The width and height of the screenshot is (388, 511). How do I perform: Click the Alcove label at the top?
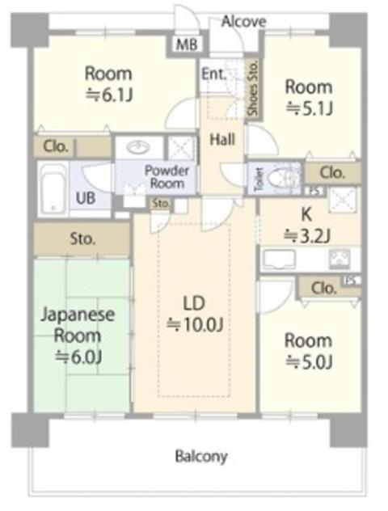tap(243, 22)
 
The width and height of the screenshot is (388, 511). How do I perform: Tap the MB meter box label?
tap(187, 44)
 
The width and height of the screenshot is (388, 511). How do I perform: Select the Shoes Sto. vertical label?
tap(253, 88)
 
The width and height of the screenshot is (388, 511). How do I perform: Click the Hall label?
tap(222, 140)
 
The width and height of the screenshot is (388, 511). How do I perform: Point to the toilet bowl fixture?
tap(281, 178)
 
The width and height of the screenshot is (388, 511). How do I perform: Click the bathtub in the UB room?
tap(52, 190)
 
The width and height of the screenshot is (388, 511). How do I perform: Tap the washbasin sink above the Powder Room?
tap(138, 147)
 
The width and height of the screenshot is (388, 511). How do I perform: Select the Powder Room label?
tap(167, 177)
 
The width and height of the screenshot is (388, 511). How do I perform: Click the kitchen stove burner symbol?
tap(339, 259)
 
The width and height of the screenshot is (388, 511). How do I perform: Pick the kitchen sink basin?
tap(279, 259)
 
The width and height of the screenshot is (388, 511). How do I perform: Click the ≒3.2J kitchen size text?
tap(307, 236)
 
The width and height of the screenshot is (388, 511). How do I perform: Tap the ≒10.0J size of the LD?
tap(195, 324)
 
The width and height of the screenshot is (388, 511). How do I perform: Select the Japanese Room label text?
tap(78, 325)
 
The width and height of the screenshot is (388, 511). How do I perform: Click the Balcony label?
tap(201, 456)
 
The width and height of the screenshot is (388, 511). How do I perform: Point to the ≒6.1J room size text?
tap(109, 95)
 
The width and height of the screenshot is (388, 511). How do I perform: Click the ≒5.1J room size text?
tap(309, 108)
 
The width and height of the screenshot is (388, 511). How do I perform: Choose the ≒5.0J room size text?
tap(309, 361)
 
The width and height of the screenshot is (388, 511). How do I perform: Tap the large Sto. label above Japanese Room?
tap(82, 239)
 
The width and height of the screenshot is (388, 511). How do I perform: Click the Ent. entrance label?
tap(213, 74)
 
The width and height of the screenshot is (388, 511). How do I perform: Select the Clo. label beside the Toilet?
tap(332, 172)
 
